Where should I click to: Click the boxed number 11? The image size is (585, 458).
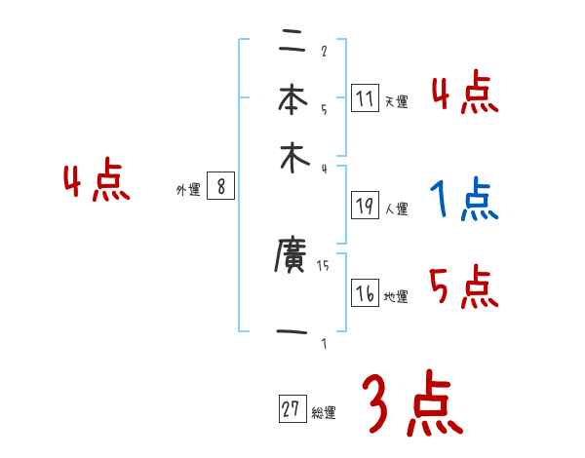point(365,98)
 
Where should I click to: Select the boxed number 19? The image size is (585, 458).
point(365,206)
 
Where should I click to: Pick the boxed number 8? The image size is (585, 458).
point(220,187)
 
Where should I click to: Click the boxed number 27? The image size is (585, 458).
point(292,410)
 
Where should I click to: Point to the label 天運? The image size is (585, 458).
point(395,101)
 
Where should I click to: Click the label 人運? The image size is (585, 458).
point(396,209)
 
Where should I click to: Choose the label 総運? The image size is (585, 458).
point(323,413)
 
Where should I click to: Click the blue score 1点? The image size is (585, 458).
point(464,200)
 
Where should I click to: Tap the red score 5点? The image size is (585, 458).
point(464,287)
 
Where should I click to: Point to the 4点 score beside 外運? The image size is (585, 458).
point(97,182)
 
